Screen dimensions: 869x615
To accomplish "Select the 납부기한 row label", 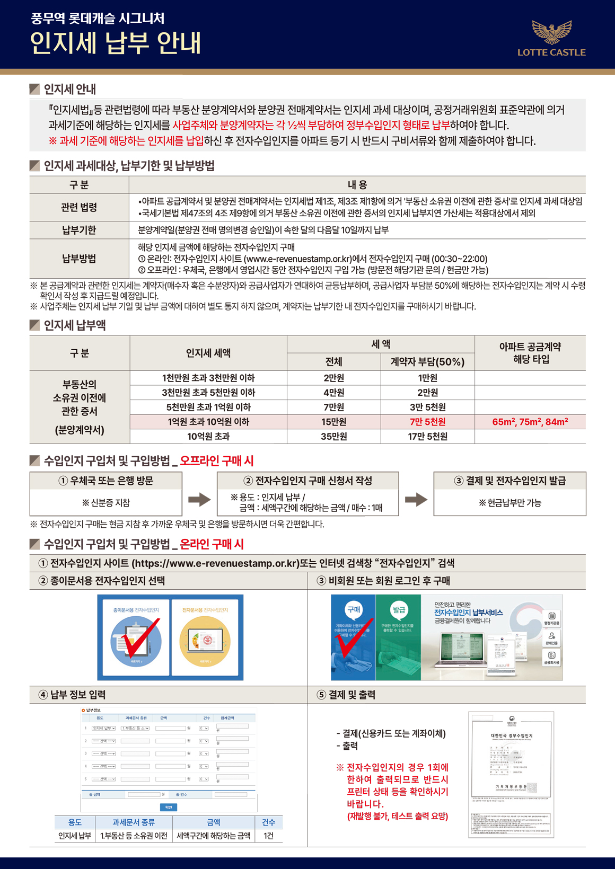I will pyautogui.click(x=79, y=230).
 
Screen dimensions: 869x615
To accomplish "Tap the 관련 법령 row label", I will pyautogui.click(x=79, y=207).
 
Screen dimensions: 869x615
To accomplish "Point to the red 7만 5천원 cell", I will pyautogui.click(x=427, y=422).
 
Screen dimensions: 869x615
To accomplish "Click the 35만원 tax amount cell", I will pyautogui.click(x=333, y=437).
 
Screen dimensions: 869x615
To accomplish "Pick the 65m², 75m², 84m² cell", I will pyautogui.click(x=530, y=422).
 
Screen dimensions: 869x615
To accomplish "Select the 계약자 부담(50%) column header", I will pyautogui.click(x=427, y=362).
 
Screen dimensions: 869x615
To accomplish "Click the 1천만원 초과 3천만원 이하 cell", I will pyautogui.click(x=208, y=378).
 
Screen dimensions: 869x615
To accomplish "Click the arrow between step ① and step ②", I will pyautogui.click(x=199, y=499).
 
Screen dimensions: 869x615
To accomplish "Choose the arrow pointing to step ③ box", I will pyautogui.click(x=416, y=499).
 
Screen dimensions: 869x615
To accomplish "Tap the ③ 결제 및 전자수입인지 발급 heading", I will pyautogui.click(x=510, y=481).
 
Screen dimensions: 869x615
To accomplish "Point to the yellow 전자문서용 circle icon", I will pyautogui.click(x=205, y=641).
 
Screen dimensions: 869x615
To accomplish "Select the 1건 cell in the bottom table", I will pyautogui.click(x=268, y=836).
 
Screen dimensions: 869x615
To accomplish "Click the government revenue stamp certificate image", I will pyautogui.click(x=511, y=774).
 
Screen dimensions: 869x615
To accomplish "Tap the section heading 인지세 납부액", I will pyautogui.click(x=74, y=325).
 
